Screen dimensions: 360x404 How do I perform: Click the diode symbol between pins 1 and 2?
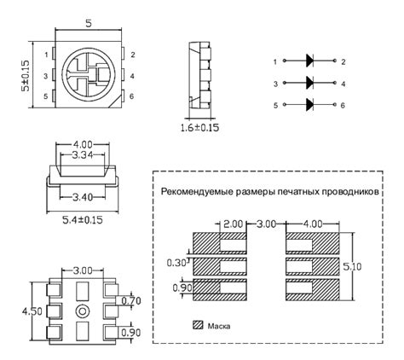(x=309, y=62)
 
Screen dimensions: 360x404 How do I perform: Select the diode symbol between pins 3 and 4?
(x=309, y=84)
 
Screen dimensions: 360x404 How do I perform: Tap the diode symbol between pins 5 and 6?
(x=309, y=105)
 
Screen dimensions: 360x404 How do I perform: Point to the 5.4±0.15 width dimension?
(x=83, y=220)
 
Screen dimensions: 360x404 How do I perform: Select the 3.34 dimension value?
(x=84, y=156)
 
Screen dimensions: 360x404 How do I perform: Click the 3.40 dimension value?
(x=84, y=197)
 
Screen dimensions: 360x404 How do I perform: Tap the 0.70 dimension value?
(x=130, y=301)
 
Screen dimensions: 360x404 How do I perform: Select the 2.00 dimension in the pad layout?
(x=233, y=224)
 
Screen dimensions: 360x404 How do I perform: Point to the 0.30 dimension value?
(x=174, y=264)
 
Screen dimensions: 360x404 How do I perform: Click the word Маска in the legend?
(x=219, y=325)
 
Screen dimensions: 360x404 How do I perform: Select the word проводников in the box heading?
(x=349, y=193)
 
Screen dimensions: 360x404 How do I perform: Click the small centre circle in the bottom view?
(x=83, y=308)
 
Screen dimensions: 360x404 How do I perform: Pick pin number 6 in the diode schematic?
(x=342, y=105)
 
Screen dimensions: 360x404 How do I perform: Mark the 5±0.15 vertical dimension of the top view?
(x=26, y=75)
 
